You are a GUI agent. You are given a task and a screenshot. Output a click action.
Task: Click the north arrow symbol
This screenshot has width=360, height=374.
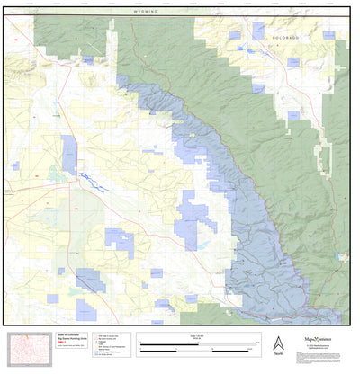[x=278, y=343]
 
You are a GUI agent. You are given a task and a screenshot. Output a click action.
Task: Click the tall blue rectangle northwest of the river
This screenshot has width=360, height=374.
[x=69, y=154]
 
